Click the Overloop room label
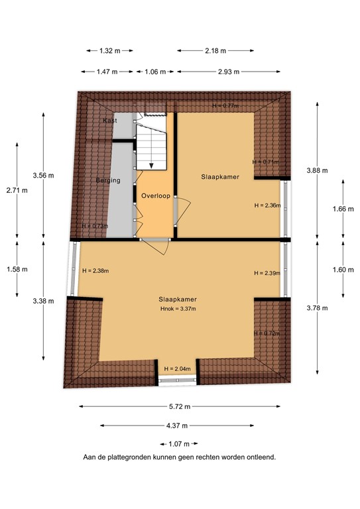point(154,197)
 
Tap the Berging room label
point(107,180)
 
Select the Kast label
point(110,121)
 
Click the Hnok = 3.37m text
point(178,309)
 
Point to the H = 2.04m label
point(177,368)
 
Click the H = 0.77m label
point(225,106)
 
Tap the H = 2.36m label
point(267,205)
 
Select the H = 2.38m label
point(95,270)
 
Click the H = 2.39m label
point(267,273)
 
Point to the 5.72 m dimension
point(179,407)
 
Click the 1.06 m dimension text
point(156,72)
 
